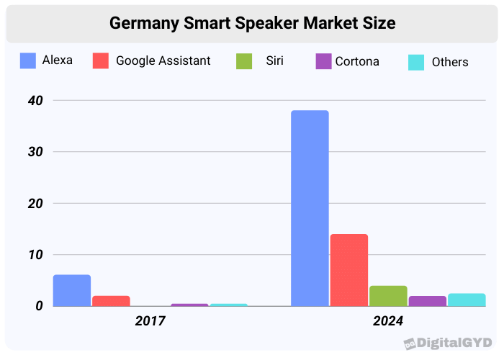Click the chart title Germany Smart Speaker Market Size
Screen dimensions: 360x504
pyautogui.click(x=252, y=23)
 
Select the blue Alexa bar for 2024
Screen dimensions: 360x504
pyautogui.click(x=310, y=208)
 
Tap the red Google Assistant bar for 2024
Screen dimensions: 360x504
pyautogui.click(x=349, y=270)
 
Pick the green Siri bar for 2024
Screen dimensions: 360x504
pyautogui.click(x=388, y=296)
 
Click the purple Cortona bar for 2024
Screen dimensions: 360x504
pyautogui.click(x=427, y=301)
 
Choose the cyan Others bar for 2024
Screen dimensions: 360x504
pyautogui.click(x=467, y=300)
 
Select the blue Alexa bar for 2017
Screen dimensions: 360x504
pyautogui.click(x=72, y=290)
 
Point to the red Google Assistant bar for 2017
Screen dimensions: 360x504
pyautogui.click(x=111, y=301)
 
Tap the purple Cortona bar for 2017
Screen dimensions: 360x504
pyautogui.click(x=189, y=305)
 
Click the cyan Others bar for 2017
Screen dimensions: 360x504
pyautogui.click(x=228, y=305)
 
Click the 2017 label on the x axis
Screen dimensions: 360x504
pyautogui.click(x=150, y=321)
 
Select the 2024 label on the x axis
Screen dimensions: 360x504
pyautogui.click(x=388, y=321)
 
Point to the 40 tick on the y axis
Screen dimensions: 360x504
pyautogui.click(x=34, y=101)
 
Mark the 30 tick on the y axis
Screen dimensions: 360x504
pyautogui.click(x=34, y=152)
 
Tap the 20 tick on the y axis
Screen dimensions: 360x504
pyautogui.click(x=34, y=204)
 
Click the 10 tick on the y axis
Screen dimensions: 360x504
pyautogui.click(x=34, y=255)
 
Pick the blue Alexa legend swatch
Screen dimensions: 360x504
pyautogui.click(x=28, y=61)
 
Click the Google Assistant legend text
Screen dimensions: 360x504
pyautogui.click(x=163, y=61)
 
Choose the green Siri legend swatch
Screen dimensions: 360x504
pyautogui.click(x=244, y=61)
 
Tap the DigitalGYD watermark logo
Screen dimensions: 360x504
pyautogui.click(x=448, y=343)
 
